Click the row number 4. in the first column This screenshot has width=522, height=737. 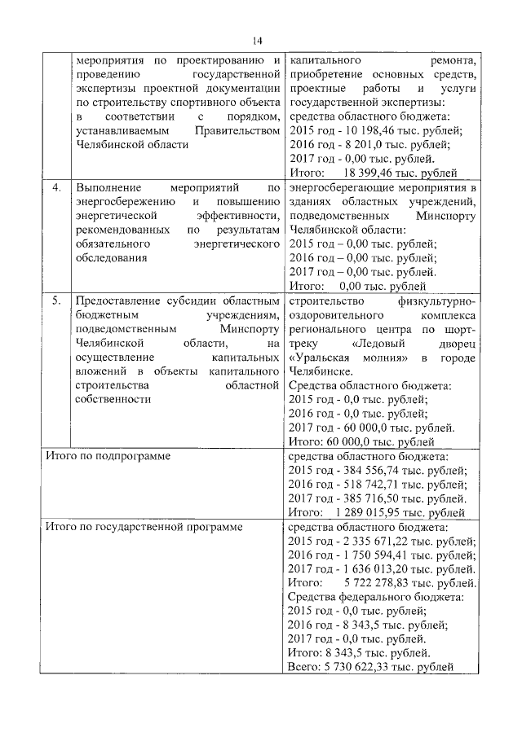[x=56, y=189]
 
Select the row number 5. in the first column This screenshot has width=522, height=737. [x=56, y=301]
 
